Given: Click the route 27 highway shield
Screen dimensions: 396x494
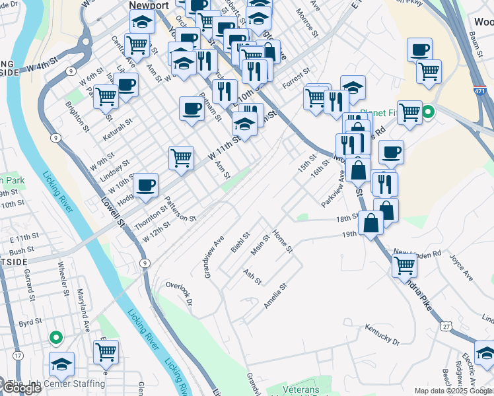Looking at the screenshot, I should (446, 326).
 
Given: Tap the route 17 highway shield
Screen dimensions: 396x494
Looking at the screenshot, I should (18, 355).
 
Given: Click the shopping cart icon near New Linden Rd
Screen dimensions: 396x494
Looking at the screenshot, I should (404, 266).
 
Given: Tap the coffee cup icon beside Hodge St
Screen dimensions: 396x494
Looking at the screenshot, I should (146, 185).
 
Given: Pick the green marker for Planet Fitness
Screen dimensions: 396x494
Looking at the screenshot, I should (428, 112).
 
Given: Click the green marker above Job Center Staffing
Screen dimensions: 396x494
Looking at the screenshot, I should (56, 339).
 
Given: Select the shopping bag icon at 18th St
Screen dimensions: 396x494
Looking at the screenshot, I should (371, 222).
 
